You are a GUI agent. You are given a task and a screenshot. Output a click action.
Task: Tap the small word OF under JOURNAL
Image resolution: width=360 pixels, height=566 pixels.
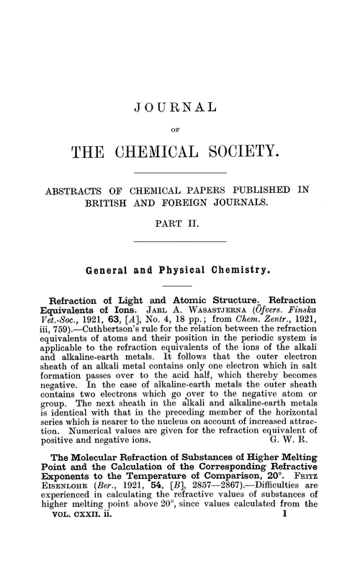(x=180, y=131)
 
